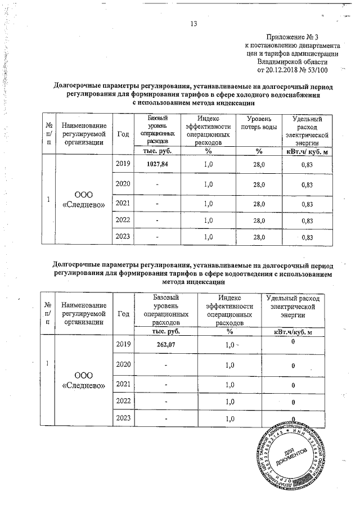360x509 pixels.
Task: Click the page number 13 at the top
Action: (x=194, y=24)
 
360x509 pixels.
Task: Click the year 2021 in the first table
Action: (x=123, y=202)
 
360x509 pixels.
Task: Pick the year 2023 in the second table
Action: (x=123, y=417)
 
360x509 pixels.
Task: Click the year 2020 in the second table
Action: (x=123, y=364)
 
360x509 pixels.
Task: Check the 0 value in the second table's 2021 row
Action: (x=292, y=385)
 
